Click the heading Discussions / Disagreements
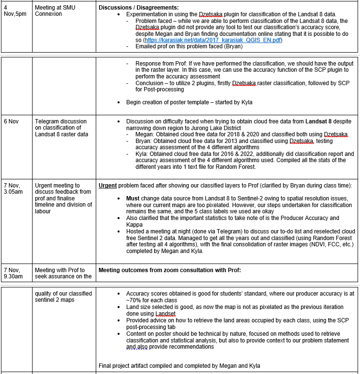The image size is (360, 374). [x=138, y=8]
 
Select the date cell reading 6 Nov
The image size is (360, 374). [x=11, y=121]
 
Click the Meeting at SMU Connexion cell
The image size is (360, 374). [x=55, y=11]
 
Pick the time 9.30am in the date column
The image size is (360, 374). [x=13, y=276]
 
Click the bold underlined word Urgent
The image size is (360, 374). [x=108, y=186]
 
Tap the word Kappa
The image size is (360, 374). [x=135, y=224]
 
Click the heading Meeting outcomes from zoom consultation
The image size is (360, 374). [x=169, y=270]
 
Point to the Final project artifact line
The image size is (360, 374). [x=179, y=366]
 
